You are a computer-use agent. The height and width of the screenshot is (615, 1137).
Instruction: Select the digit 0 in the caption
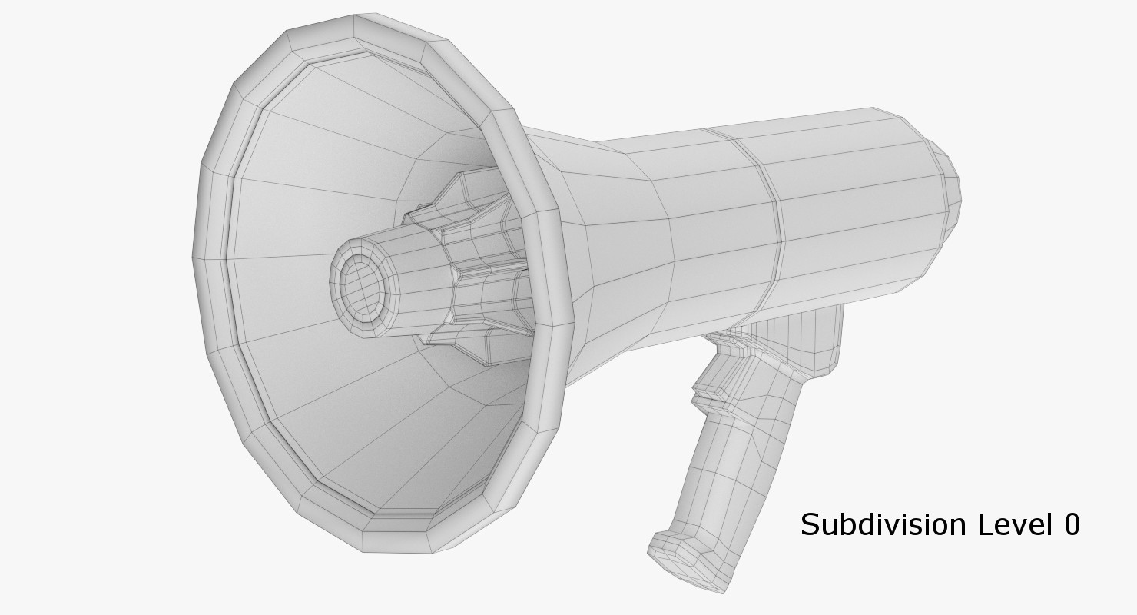1070,525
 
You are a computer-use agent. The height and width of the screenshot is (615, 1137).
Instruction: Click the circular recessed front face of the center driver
360,285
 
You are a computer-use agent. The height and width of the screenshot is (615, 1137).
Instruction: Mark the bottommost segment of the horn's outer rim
396,542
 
